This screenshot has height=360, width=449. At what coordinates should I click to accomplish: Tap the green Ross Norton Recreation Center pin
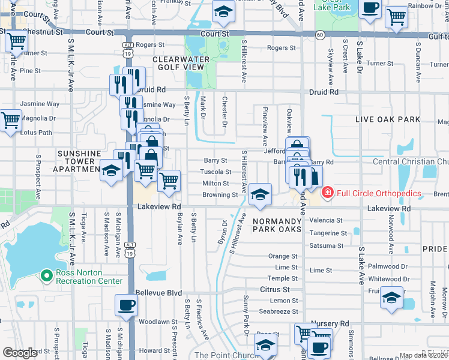click(46, 276)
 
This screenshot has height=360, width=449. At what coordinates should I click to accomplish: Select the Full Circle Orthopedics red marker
click(327, 193)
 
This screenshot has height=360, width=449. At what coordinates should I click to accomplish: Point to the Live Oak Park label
click(388, 119)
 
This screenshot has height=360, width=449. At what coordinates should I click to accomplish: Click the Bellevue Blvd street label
click(159, 292)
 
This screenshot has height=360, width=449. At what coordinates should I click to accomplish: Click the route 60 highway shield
click(321, 35)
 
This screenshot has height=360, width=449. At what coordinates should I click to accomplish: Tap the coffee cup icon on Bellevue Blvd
click(126, 305)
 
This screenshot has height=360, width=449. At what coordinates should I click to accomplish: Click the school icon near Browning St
click(260, 195)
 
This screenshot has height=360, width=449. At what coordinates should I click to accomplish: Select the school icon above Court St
click(223, 12)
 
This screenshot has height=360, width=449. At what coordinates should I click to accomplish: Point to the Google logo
click(20, 353)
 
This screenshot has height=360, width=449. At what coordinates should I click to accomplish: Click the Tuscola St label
click(215, 172)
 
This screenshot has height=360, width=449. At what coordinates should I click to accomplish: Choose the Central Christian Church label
click(411, 161)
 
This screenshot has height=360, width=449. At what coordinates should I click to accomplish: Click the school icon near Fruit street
click(391, 296)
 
